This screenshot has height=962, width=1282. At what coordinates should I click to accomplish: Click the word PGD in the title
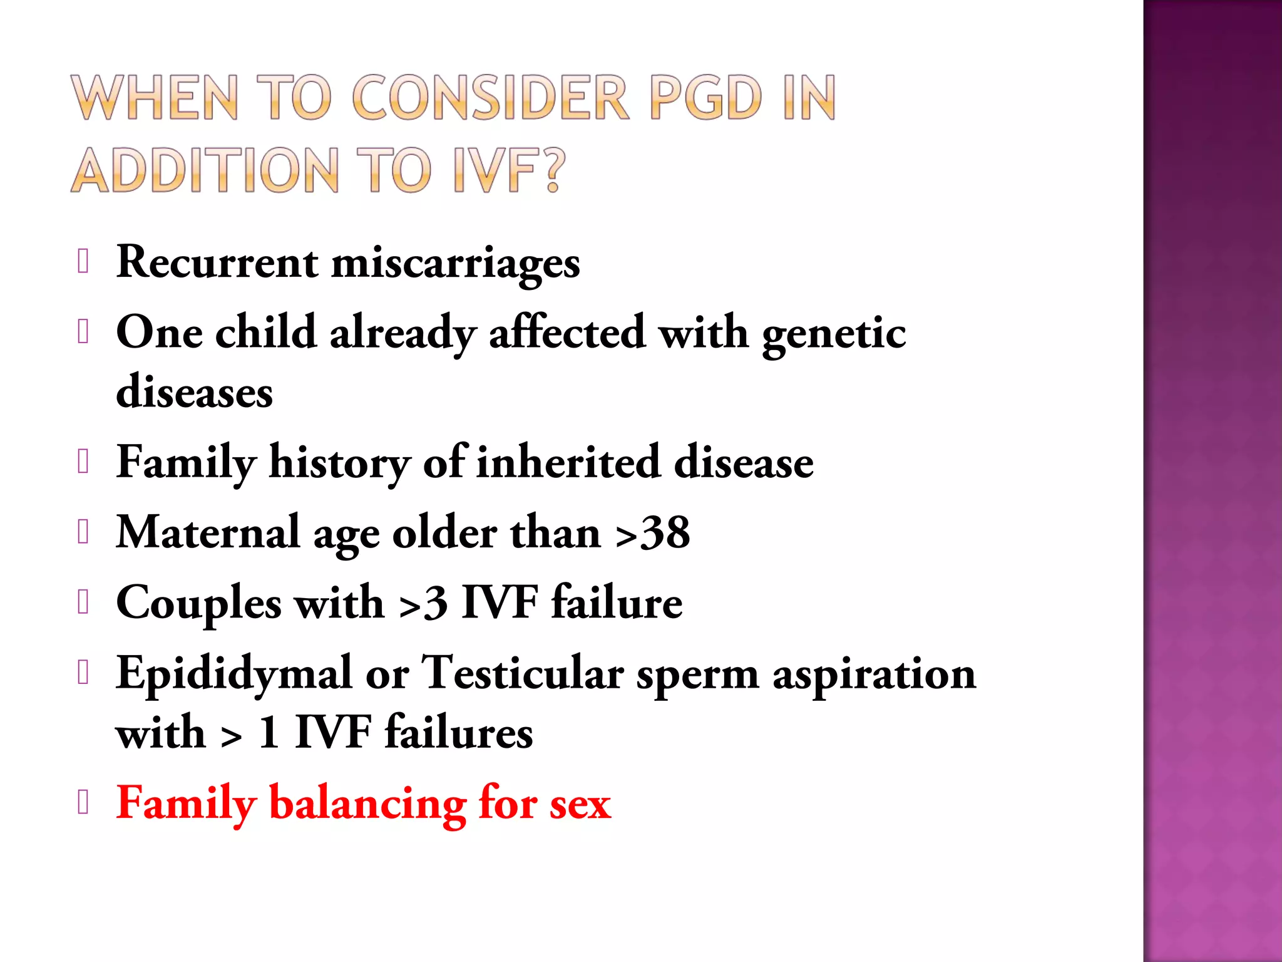(x=706, y=98)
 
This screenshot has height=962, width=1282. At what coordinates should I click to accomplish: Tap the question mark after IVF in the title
(x=551, y=170)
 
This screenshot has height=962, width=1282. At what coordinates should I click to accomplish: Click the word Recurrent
(x=217, y=262)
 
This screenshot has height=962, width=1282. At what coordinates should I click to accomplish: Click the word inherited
(x=568, y=462)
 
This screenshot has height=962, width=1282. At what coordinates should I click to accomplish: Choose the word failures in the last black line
(x=458, y=732)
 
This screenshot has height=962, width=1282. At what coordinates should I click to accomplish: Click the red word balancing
(x=367, y=804)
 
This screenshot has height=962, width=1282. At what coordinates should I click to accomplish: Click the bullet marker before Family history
(x=83, y=462)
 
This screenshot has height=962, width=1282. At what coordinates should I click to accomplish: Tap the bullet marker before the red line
(x=83, y=802)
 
